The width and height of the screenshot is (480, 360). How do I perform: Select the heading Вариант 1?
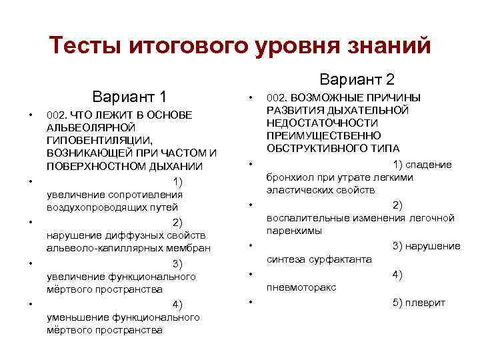(x=130, y=95)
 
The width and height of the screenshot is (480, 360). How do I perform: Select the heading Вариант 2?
(x=357, y=79)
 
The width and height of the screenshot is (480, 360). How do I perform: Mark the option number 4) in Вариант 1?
(x=177, y=304)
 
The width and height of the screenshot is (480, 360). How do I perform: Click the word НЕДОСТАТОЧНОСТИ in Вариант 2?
(x=322, y=123)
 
